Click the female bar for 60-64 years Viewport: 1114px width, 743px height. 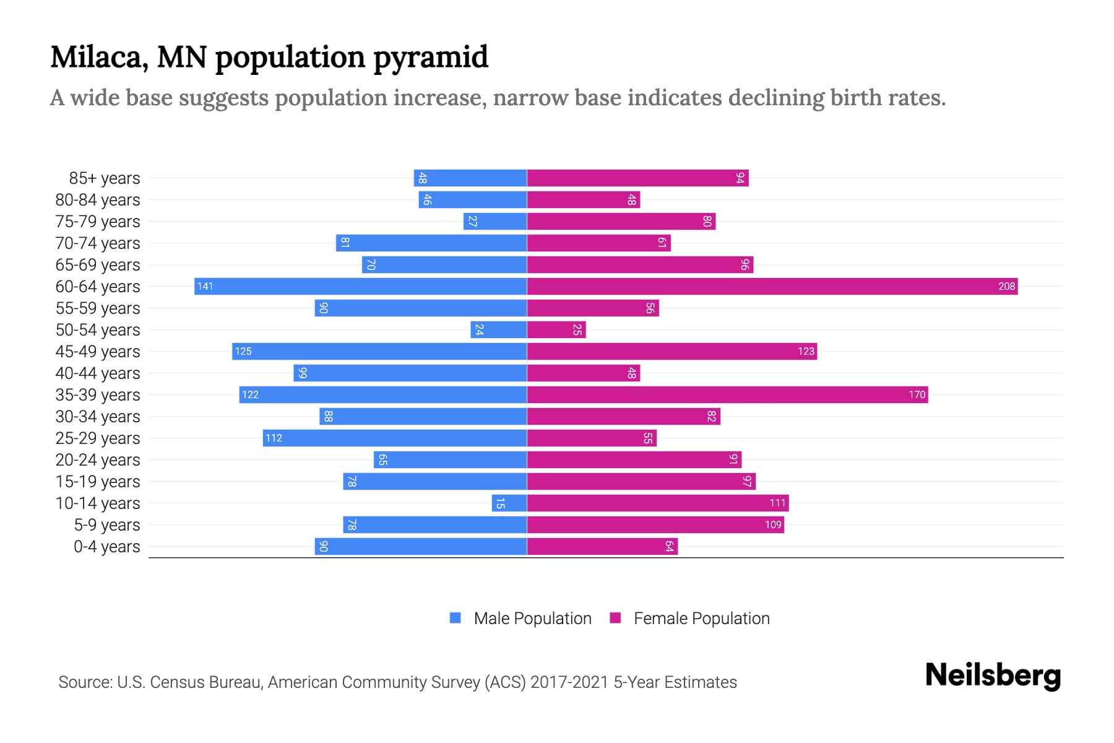[x=772, y=286]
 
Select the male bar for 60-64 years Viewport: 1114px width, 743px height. [x=360, y=286]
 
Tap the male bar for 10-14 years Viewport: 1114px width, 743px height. [x=509, y=503]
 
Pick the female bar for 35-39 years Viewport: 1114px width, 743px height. [x=727, y=394]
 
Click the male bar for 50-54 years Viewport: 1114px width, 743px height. [x=499, y=329]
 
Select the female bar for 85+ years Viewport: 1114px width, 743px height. [x=637, y=178]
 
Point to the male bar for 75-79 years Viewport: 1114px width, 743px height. [x=495, y=221]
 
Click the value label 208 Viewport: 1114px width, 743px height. [x=1006, y=286]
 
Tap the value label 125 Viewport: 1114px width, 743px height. [x=243, y=351]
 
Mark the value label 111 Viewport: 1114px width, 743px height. [x=777, y=503]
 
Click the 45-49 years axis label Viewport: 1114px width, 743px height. [x=98, y=351]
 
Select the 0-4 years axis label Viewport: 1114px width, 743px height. [x=106, y=546]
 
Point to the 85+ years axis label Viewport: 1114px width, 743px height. [x=105, y=178]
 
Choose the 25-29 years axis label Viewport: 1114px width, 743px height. [x=98, y=438]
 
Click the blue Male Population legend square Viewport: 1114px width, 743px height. [x=456, y=618]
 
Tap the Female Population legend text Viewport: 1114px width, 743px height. [x=701, y=618]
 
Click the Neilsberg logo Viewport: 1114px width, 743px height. [x=993, y=676]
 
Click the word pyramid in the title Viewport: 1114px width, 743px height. [x=431, y=58]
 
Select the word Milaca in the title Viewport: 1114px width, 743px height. [x=98, y=58]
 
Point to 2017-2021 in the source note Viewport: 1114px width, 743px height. [x=569, y=682]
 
